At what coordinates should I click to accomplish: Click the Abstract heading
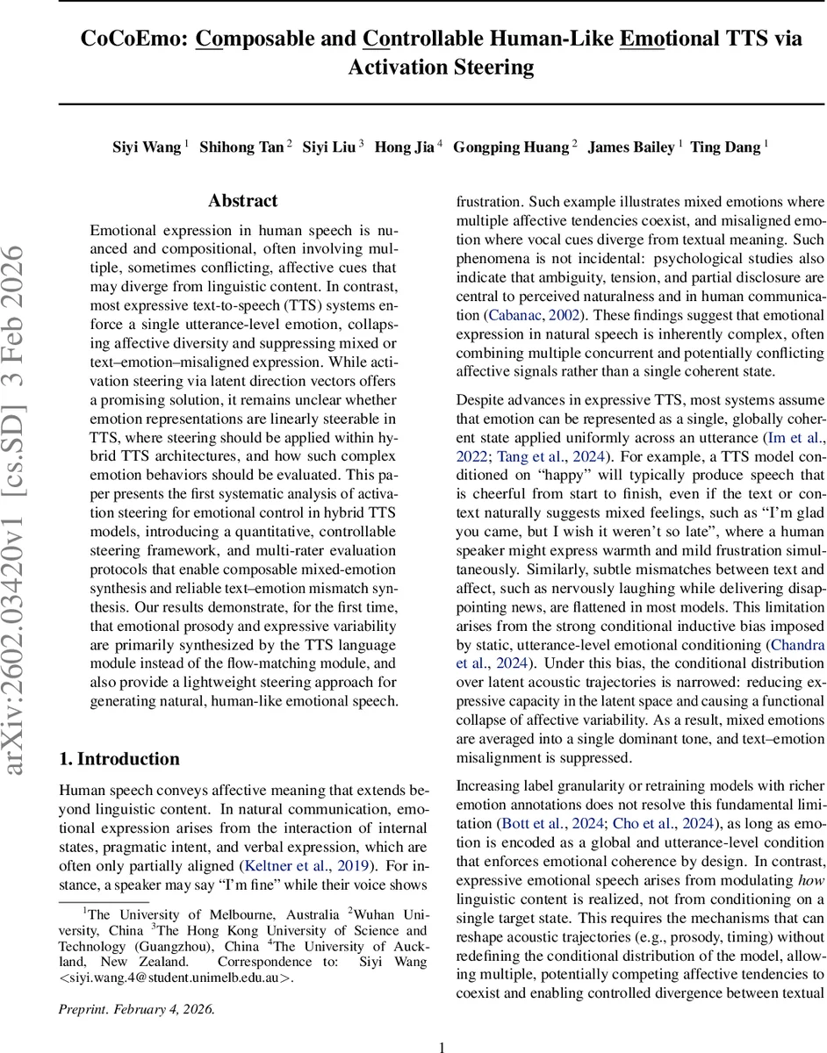pos(243,201)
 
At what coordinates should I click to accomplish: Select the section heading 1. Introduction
pos(119,759)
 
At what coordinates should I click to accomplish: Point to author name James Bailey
pos(630,147)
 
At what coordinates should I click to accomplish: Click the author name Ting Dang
pos(726,147)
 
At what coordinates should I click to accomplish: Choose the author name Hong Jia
pos(405,147)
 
